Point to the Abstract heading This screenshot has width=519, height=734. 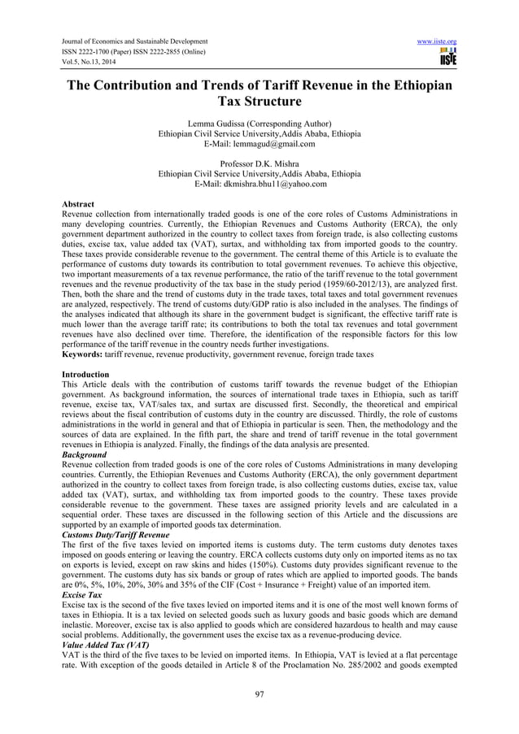pyautogui.click(x=78, y=203)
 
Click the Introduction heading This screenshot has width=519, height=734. pyautogui.click(x=86, y=373)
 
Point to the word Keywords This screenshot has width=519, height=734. pyautogui.click(x=83, y=354)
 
